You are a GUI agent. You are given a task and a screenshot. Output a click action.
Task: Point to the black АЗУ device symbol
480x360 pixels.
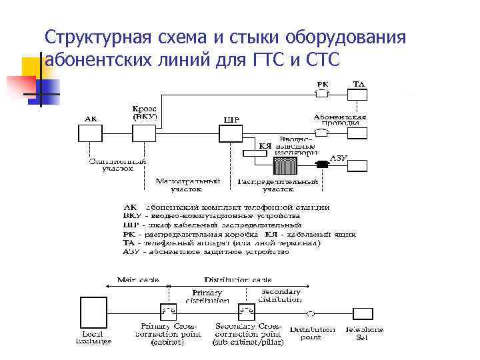click(x=323, y=163)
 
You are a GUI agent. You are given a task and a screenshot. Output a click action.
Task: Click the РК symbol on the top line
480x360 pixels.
click(x=322, y=93)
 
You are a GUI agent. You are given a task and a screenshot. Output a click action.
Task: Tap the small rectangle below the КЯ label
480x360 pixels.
click(x=254, y=153)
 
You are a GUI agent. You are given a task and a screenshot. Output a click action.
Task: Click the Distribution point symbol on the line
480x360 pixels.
click(x=310, y=313)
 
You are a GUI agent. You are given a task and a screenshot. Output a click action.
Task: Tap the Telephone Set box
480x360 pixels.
click(x=363, y=313)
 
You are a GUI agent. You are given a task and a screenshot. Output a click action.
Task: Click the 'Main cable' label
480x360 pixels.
click(x=138, y=280)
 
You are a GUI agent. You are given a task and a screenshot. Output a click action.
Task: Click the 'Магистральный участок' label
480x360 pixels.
click(x=188, y=185)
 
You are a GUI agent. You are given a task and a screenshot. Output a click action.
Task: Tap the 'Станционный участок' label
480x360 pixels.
click(x=117, y=165)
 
